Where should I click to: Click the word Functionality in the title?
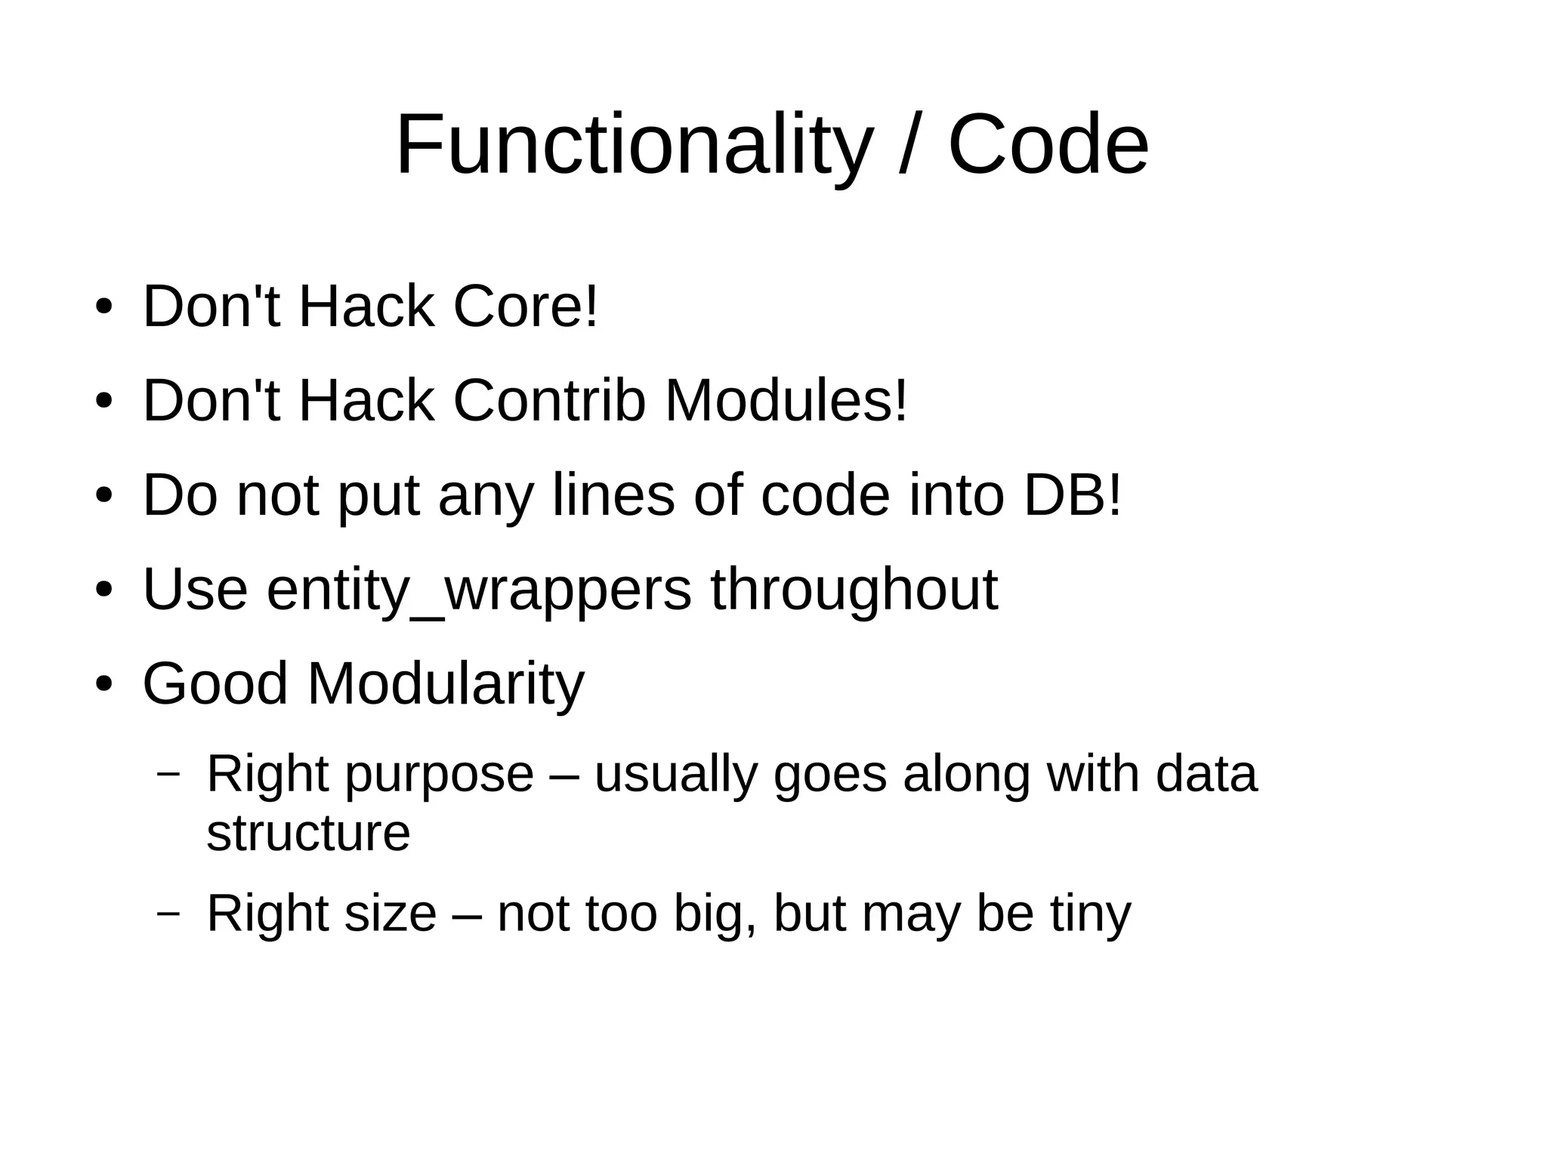point(634,145)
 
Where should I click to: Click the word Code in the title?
point(1048,145)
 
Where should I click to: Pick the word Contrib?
point(549,401)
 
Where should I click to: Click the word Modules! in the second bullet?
point(786,401)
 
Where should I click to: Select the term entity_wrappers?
point(479,590)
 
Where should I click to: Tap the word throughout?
point(854,590)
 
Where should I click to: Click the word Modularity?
point(446,684)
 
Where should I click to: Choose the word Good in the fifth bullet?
point(215,684)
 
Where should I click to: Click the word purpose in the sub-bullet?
point(440,775)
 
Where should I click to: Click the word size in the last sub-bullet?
point(390,914)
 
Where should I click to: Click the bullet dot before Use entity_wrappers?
point(103,590)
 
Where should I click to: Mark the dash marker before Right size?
point(168,912)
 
